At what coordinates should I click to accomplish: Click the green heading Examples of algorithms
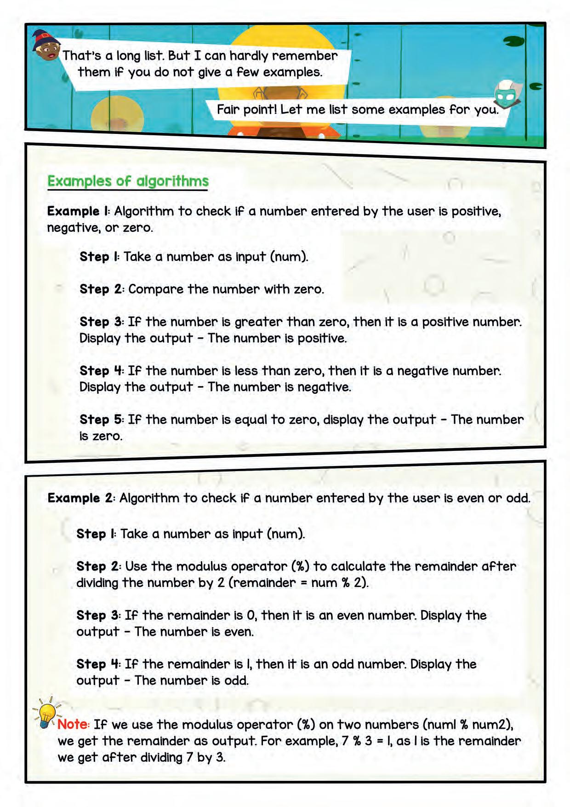point(128,181)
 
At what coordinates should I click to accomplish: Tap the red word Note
point(73,724)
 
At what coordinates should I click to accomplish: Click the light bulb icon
point(46,714)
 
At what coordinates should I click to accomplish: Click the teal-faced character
point(505,95)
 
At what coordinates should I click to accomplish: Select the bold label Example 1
point(78,211)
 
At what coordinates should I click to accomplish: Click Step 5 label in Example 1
point(101,420)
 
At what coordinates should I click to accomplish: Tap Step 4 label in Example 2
point(98,664)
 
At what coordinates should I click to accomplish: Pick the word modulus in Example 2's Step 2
point(202,566)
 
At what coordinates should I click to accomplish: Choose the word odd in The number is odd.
point(236,680)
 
